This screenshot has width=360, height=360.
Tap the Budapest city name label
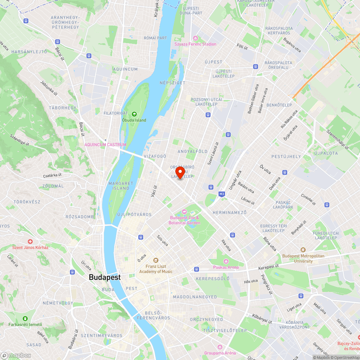pos(105,277)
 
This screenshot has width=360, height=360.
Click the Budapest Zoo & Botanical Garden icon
pos(184,211)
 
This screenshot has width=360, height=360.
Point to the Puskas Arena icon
pos(226,261)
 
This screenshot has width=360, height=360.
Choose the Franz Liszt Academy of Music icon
pos(156,260)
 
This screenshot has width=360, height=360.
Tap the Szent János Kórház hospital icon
pos(30,241)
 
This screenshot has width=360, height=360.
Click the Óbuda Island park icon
pos(134,114)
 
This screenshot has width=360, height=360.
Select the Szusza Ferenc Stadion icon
pos(195,38)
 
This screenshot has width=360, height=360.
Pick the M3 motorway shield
pos(222,194)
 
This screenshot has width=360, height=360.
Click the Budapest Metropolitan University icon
pos(303,250)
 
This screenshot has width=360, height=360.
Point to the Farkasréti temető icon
pos(25,319)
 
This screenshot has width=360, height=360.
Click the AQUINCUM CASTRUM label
pos(105,145)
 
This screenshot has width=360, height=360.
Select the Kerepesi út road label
pos(269,267)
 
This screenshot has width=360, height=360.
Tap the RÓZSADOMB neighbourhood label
pos(80,217)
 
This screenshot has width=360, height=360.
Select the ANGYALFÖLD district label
pos(193,152)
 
